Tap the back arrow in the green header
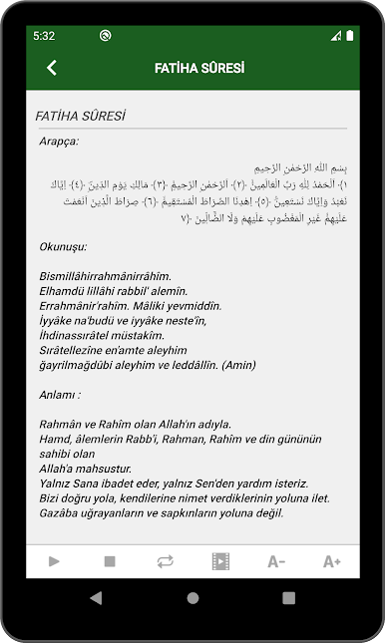(x=52, y=68)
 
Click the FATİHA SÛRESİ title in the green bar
(x=199, y=68)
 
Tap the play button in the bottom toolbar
(x=54, y=561)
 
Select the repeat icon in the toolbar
(x=166, y=561)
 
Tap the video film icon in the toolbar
(x=220, y=561)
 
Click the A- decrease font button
(x=276, y=561)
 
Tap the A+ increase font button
(x=331, y=561)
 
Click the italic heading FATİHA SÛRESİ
(x=80, y=116)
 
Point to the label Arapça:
(x=59, y=141)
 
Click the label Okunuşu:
(x=63, y=245)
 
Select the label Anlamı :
(x=60, y=395)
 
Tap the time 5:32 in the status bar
(x=43, y=35)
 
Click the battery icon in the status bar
(x=350, y=35)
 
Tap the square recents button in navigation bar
(x=288, y=598)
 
